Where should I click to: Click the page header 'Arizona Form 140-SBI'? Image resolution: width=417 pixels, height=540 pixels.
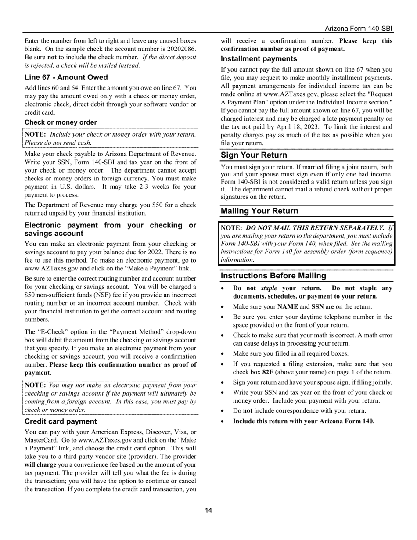(x=359, y=29)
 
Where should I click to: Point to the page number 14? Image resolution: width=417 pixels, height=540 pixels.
(x=208, y=510)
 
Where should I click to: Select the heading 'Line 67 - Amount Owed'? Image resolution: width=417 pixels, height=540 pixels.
(x=66, y=77)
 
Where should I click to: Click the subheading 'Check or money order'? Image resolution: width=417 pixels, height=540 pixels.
(x=61, y=122)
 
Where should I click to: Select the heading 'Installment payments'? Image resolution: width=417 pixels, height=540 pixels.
(x=259, y=59)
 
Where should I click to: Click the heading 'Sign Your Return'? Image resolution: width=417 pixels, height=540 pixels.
(x=254, y=155)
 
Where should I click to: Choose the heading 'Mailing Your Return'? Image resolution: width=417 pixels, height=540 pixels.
(x=259, y=211)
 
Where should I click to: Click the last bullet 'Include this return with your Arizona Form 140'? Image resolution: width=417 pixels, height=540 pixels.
(x=303, y=421)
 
